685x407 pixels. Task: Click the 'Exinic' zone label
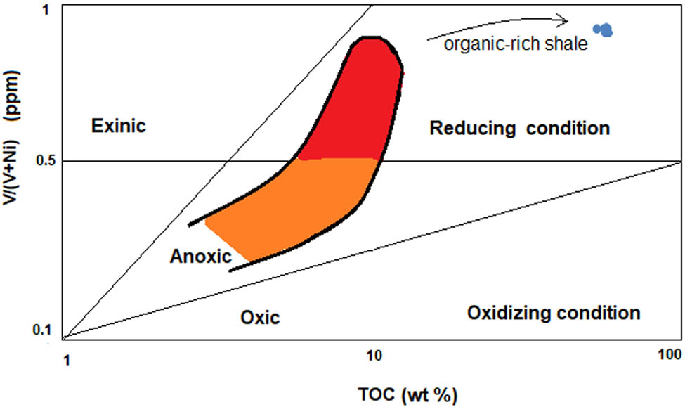click(119, 127)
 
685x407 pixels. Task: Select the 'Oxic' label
click(260, 318)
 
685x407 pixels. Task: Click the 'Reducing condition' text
click(519, 129)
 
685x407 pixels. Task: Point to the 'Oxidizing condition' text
click(554, 312)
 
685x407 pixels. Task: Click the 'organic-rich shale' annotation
click(516, 46)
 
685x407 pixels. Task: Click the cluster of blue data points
click(603, 30)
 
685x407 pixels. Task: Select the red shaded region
click(351, 105)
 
